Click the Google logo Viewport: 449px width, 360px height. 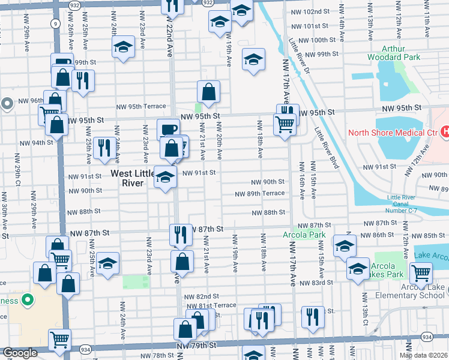(x=20, y=353)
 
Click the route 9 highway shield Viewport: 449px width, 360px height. (x=55, y=23)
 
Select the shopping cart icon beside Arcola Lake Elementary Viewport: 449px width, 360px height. (x=421, y=273)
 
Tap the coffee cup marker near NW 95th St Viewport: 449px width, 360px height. (x=168, y=129)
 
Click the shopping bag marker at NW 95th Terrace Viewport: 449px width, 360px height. (x=208, y=92)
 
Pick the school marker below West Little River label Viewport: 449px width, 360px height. (x=166, y=178)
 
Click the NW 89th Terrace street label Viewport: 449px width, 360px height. (x=260, y=194)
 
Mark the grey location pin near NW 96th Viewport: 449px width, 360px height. (x=7, y=104)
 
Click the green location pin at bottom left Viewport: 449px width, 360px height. (x=26, y=298)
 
